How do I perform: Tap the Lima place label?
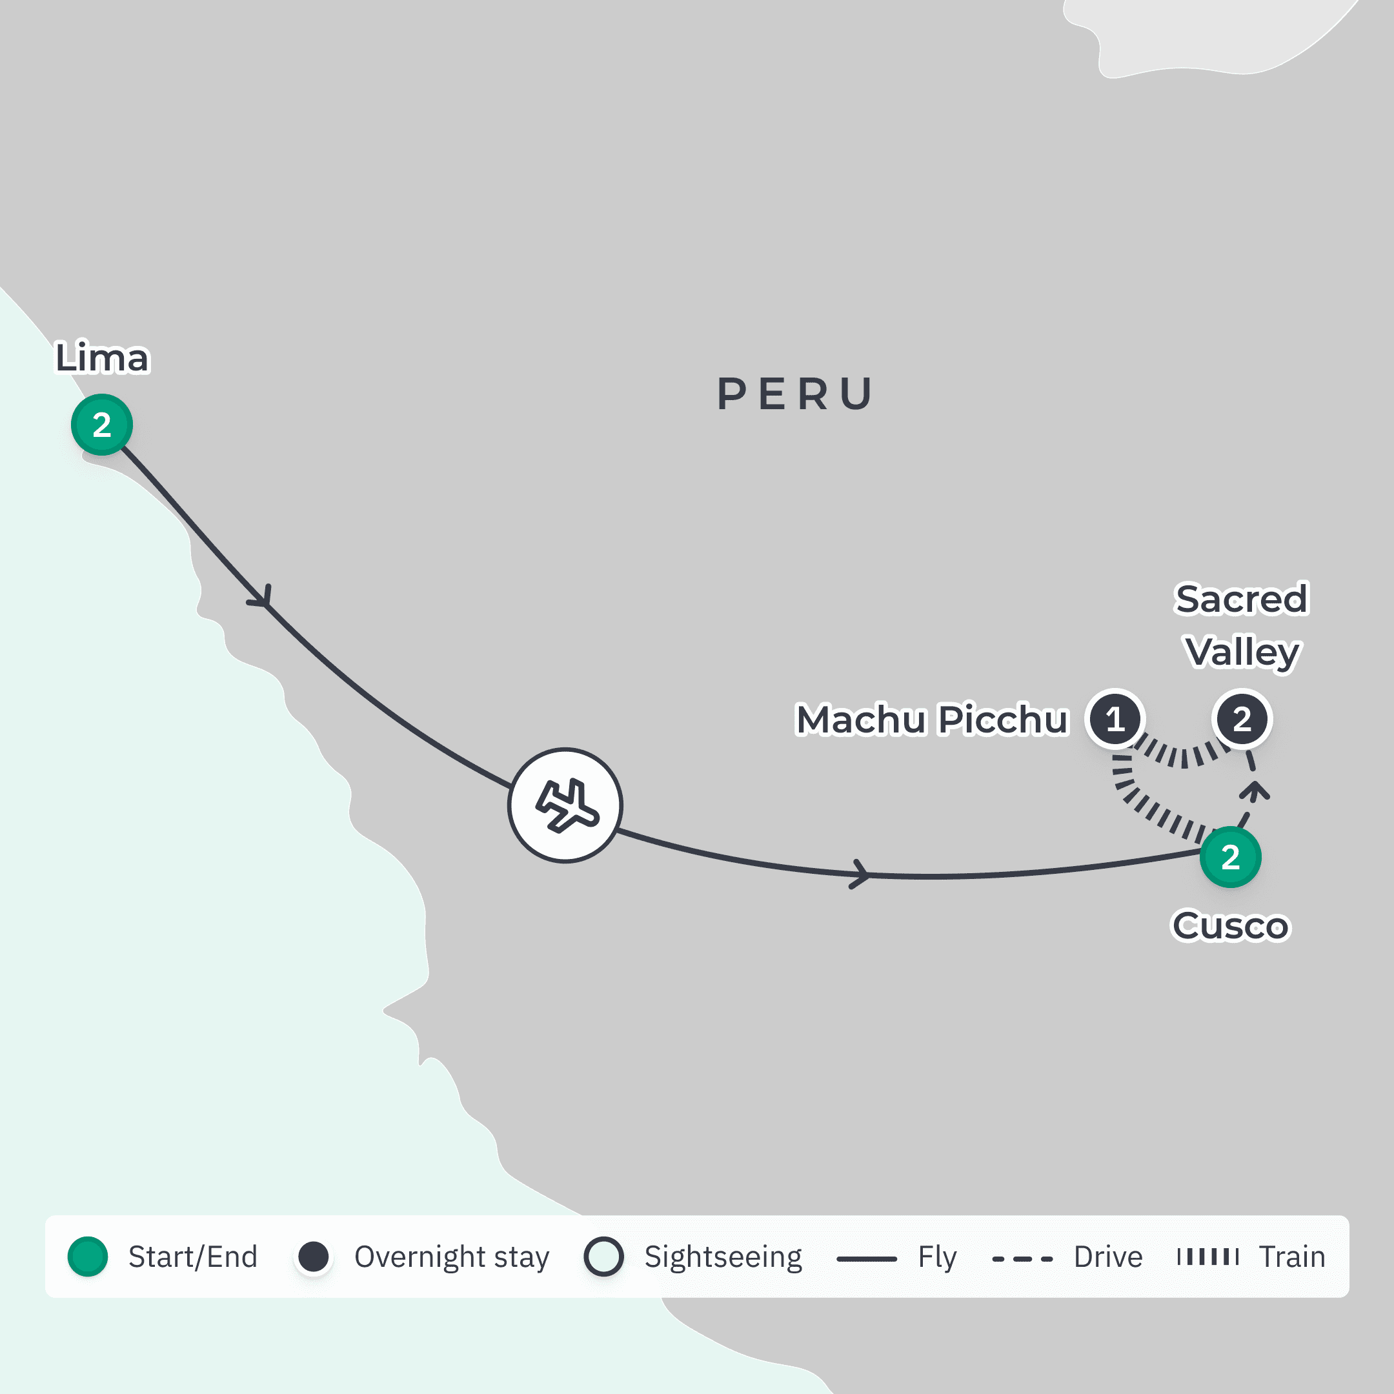tap(103, 358)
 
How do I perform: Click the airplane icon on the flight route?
tap(566, 805)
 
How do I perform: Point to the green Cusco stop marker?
tap(1230, 857)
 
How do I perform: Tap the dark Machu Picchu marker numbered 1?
tap(1115, 720)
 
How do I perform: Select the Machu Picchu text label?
tap(931, 720)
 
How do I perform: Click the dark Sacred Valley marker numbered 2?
tap(1242, 720)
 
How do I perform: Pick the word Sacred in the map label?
tap(1241, 599)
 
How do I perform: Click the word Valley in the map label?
tap(1242, 652)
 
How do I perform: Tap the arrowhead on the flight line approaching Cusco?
tap(860, 874)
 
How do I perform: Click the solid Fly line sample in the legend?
tap(866, 1259)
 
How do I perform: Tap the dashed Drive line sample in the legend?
tap(1022, 1259)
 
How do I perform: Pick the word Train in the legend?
tap(1291, 1257)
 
